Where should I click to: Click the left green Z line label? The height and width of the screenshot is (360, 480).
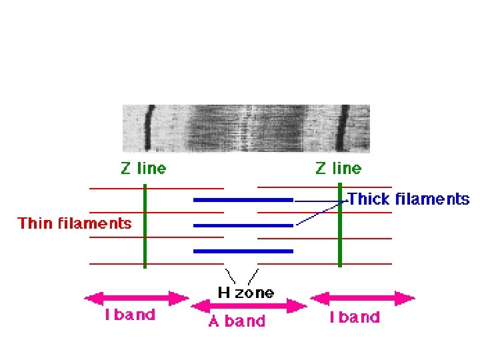(x=143, y=169)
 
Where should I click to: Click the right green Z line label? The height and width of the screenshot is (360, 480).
(x=339, y=169)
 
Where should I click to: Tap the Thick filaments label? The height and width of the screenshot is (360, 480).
(x=409, y=199)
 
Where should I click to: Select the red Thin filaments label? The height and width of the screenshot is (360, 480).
(x=75, y=223)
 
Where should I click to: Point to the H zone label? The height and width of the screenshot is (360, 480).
(x=245, y=293)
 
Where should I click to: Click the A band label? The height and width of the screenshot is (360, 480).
(x=237, y=321)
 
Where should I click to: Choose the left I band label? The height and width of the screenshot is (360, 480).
(x=130, y=315)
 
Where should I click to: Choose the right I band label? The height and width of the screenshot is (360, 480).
(x=355, y=317)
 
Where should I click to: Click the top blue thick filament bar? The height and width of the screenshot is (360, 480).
(x=243, y=199)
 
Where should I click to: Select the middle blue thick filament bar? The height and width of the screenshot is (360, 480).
(x=243, y=225)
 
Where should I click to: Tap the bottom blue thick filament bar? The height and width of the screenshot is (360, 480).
(x=243, y=251)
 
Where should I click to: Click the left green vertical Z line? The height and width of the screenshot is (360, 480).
(x=145, y=227)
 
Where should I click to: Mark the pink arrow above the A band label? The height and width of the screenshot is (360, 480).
(x=249, y=306)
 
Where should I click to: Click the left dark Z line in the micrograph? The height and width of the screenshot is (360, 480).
(x=149, y=127)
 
